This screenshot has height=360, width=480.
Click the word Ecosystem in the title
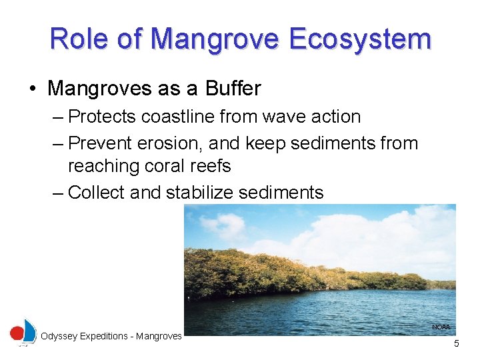coord(361,39)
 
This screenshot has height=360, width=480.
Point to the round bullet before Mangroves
coord(33,89)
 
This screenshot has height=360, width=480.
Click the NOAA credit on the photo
coord(441,327)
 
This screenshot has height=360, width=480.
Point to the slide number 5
coord(457,344)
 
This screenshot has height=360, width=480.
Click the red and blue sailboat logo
coord(23,332)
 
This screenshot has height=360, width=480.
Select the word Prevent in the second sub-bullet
coord(100,143)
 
